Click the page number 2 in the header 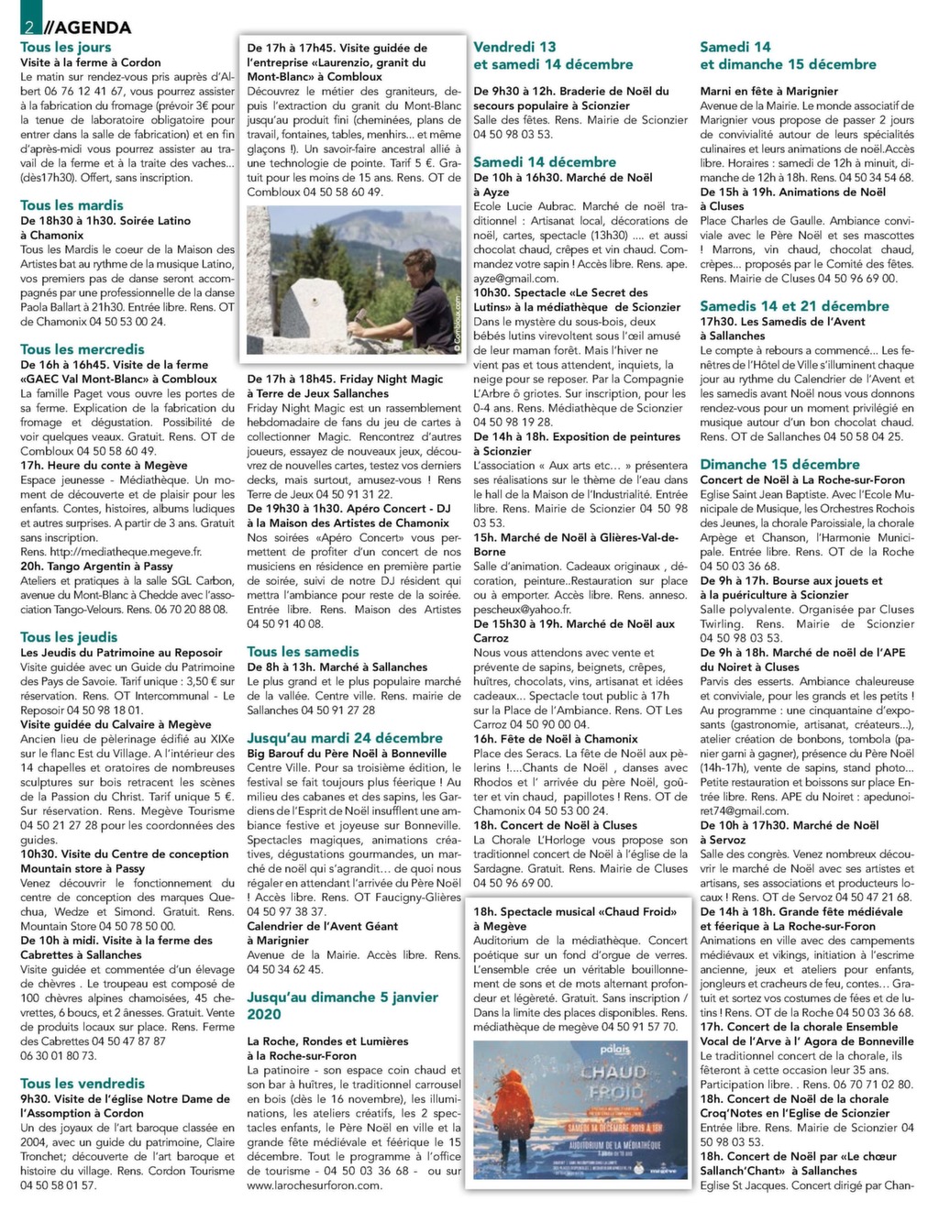[x=30, y=27]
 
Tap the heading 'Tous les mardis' [x=72, y=205]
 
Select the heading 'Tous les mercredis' [x=83, y=349]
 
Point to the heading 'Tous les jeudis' [x=69, y=637]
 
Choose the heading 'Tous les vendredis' [x=83, y=1084]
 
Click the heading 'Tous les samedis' [x=303, y=652]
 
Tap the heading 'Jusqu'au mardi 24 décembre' [x=345, y=738]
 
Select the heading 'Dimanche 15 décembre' [x=779, y=465]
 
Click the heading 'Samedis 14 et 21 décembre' [x=794, y=306]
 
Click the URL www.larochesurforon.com [x=314, y=1185]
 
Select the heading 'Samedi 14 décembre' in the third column [x=545, y=162]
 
